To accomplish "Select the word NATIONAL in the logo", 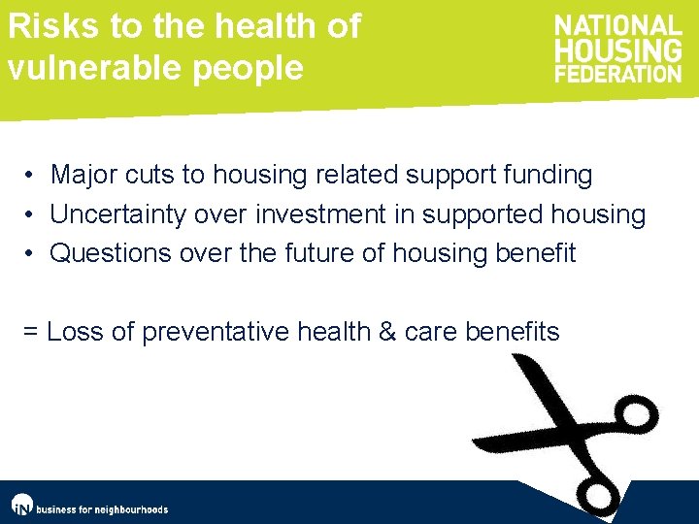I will [x=617, y=26].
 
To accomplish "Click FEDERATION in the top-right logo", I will [x=617, y=73].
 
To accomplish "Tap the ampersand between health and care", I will [x=387, y=332].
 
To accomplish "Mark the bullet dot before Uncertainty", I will [x=32, y=214].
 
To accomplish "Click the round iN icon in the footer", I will [x=21, y=506].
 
